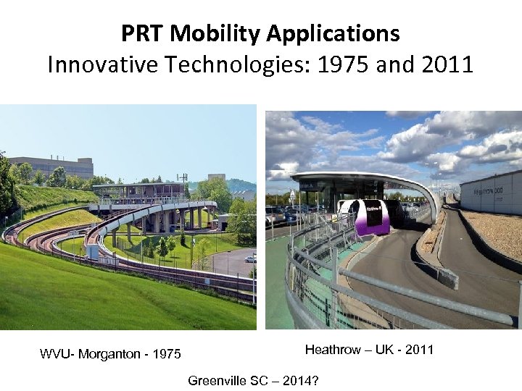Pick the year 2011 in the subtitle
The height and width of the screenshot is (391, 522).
[445, 65]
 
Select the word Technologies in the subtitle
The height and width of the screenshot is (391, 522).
[239, 65]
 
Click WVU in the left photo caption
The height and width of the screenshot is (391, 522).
[54, 354]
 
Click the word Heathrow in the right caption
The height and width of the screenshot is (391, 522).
[333, 350]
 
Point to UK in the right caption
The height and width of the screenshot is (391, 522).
[388, 350]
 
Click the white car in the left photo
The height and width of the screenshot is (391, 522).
[250, 258]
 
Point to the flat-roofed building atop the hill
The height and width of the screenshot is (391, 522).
[51, 167]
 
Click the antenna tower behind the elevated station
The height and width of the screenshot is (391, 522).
[182, 177]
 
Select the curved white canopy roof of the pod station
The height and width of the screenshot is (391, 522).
[362, 177]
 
